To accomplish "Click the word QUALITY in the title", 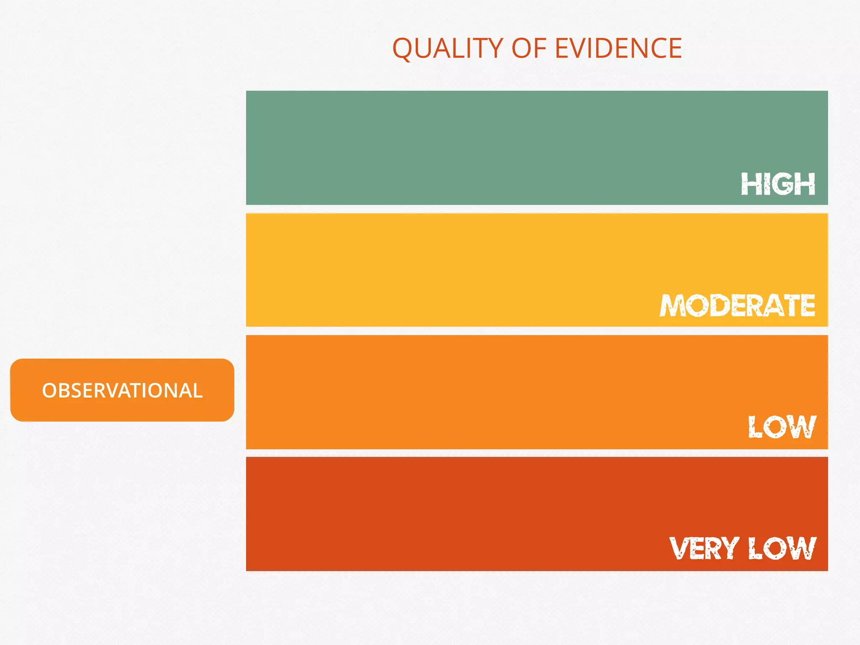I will tap(447, 48).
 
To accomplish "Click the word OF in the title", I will tap(529, 48).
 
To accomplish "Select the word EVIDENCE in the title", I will tap(618, 48).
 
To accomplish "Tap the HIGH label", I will tap(778, 184).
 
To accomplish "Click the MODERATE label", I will tap(737, 305).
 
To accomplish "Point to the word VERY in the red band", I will tap(704, 548).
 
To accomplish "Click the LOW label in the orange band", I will tap(782, 427).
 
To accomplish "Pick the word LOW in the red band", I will tap(782, 548).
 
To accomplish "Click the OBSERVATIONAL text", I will tap(122, 391).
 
